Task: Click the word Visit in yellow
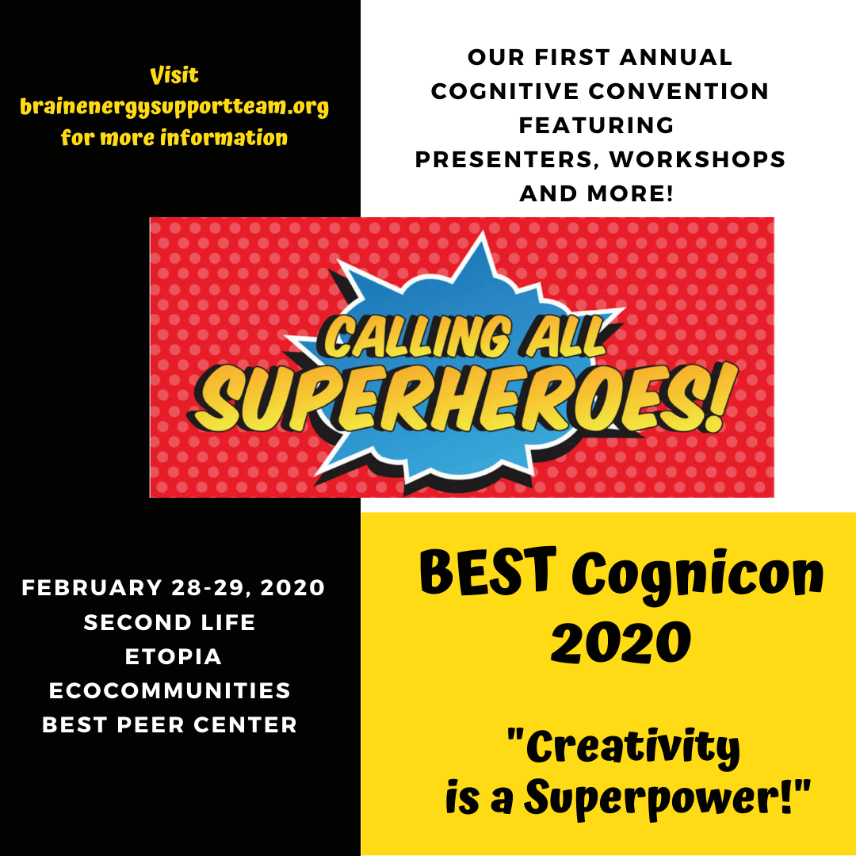174,75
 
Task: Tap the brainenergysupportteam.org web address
174,106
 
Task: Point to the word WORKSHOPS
697,159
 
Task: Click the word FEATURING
597,125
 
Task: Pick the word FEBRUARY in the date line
92,588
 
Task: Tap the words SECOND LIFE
170,622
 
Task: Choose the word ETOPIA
174,657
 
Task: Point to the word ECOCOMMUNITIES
170,690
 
